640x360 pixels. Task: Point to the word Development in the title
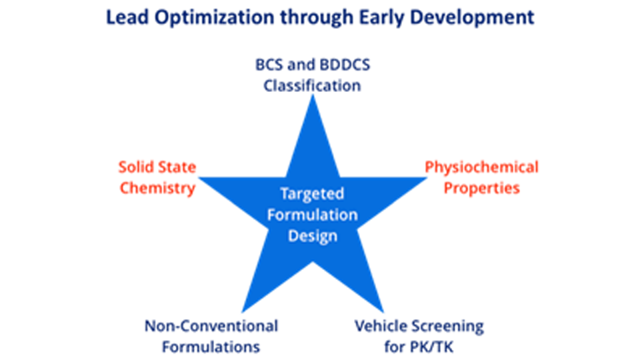point(477,17)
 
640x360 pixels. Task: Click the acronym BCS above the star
point(271,65)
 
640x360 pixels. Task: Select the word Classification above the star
point(312,85)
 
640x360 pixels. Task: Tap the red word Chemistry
point(157,188)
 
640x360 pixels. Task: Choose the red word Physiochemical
point(481,167)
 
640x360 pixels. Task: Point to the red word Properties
point(481,188)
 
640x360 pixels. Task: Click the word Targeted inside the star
point(312,194)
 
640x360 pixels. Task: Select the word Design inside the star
point(312,236)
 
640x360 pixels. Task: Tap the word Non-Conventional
point(211,326)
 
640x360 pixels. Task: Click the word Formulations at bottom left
point(211,347)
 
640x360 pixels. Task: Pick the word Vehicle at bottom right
point(380,326)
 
